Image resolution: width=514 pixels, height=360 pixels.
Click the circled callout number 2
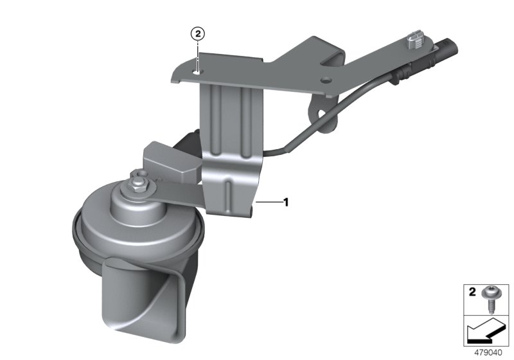198,33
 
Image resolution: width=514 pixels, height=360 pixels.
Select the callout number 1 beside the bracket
286,203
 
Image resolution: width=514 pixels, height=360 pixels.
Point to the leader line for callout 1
269,203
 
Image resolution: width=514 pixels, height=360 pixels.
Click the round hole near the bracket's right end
326,80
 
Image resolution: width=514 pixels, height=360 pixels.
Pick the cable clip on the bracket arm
414,41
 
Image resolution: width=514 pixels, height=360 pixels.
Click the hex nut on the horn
138,186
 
